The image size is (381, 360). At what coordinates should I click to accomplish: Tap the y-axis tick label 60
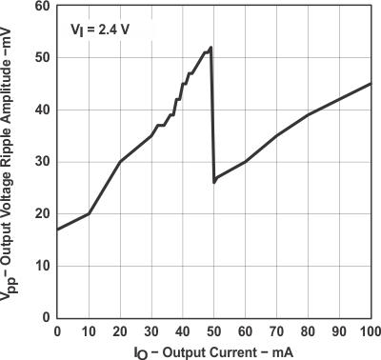tap(43, 6)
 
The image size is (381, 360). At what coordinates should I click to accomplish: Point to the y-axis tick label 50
tap(43, 57)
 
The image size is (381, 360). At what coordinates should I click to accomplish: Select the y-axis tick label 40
tap(43, 110)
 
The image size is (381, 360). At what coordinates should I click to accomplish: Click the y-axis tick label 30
tap(43, 162)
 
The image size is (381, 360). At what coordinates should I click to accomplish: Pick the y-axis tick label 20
tap(43, 213)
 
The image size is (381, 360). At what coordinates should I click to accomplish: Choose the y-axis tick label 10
tap(43, 266)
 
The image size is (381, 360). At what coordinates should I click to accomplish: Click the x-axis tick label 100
tap(370, 330)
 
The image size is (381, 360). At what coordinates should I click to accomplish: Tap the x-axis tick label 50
tap(214, 330)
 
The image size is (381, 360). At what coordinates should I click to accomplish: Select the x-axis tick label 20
tap(120, 330)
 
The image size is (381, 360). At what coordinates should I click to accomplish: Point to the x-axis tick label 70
tap(276, 330)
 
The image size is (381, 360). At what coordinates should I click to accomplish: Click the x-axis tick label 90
tap(339, 330)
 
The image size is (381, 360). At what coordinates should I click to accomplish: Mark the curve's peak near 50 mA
tap(211, 47)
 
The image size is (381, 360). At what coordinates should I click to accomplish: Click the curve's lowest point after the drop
tap(214, 181)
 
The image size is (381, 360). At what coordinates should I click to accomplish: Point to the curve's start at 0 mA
tap(58, 230)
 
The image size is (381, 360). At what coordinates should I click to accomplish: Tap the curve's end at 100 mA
tap(370, 84)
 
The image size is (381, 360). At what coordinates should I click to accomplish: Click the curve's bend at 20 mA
tap(120, 162)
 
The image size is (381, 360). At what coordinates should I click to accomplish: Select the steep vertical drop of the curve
tap(212, 114)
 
